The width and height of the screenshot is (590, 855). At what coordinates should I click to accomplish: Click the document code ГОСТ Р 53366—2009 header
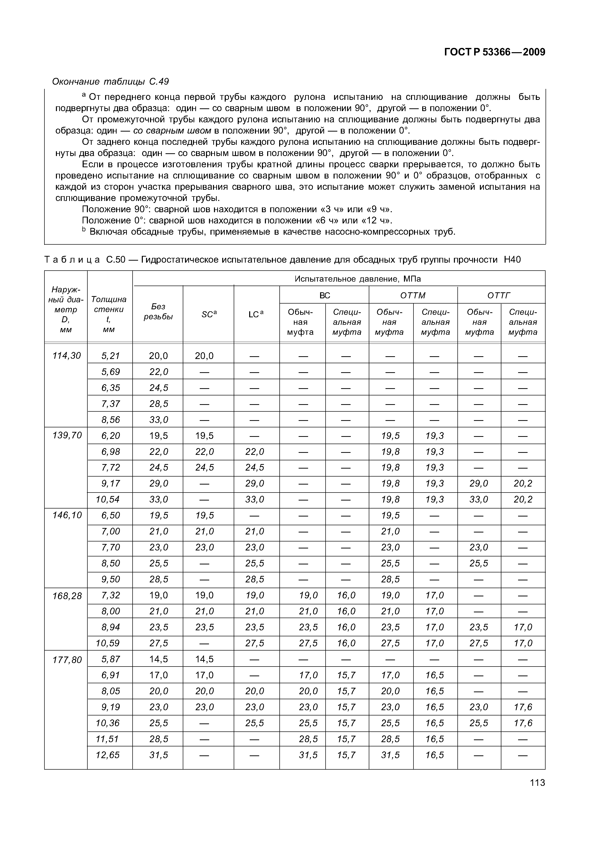tap(494, 52)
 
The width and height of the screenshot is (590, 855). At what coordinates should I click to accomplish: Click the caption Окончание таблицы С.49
tap(110, 81)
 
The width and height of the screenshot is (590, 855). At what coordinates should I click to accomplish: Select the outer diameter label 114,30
tap(67, 355)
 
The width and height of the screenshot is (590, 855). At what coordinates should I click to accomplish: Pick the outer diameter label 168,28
tap(67, 596)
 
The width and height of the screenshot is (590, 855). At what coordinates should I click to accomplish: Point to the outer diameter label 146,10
tap(67, 515)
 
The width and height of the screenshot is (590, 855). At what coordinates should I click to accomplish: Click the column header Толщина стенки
tap(109, 314)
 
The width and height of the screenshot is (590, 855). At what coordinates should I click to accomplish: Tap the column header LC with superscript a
tap(256, 314)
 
